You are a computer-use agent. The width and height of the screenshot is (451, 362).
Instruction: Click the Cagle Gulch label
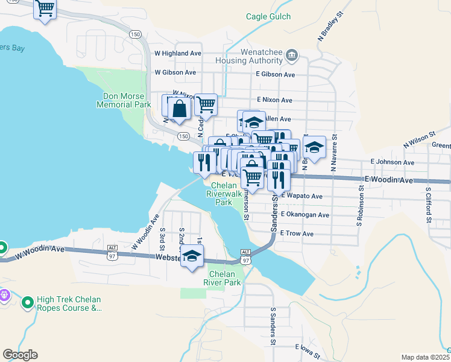pyautogui.click(x=268, y=17)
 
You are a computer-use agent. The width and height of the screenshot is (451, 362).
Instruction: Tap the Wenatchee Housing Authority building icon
pyautogui.click(x=292, y=56)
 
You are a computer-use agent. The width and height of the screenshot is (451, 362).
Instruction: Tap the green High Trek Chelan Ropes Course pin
pyautogui.click(x=27, y=302)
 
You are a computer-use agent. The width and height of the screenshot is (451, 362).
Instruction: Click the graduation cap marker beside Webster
pyautogui.click(x=192, y=257)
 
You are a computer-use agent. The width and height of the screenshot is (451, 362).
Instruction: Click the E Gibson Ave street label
pyautogui.click(x=275, y=74)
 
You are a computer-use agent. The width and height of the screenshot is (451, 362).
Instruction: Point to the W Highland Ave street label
pyautogui.click(x=177, y=53)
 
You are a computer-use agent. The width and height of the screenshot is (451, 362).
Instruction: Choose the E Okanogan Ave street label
pyautogui.click(x=304, y=215)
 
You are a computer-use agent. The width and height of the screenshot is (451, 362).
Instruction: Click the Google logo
pyautogui.click(x=20, y=355)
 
